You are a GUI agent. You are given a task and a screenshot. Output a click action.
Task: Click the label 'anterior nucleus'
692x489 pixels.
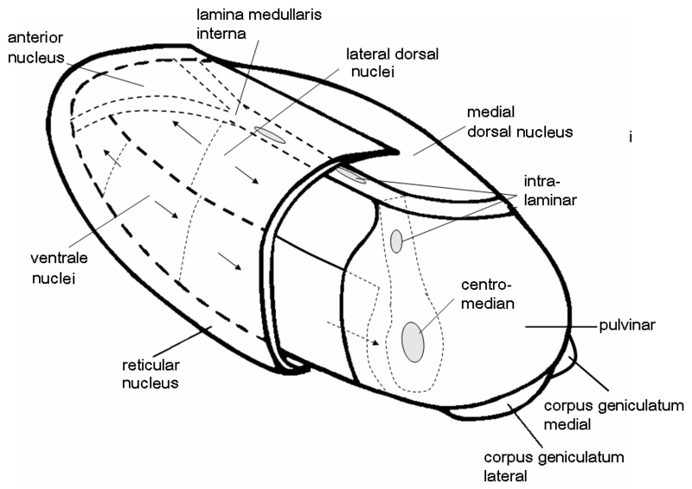(35, 48)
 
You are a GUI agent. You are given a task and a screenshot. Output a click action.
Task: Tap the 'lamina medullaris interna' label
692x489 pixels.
(259, 24)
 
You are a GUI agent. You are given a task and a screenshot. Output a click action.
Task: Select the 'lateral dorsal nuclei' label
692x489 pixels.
(393, 62)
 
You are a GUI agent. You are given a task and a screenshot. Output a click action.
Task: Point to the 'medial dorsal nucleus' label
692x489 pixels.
(520, 122)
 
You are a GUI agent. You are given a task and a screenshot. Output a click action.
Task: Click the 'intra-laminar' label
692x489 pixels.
(550, 190)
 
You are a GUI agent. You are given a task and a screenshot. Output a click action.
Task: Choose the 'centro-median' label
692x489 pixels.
(488, 293)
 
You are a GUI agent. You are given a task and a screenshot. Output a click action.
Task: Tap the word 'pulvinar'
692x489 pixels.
(627, 325)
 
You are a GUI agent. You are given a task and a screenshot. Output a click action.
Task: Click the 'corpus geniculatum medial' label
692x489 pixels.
(613, 415)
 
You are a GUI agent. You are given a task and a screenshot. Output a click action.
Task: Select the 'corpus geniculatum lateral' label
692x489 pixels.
(554, 466)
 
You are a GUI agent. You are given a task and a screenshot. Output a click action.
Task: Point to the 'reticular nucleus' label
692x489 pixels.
(151, 374)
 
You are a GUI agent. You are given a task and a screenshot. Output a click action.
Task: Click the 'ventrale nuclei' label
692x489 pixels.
(59, 268)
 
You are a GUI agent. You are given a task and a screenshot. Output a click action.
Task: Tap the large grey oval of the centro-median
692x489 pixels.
(413, 343)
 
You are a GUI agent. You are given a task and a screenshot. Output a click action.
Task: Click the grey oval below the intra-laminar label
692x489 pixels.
(396, 241)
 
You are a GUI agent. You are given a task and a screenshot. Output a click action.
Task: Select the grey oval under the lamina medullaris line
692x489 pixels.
(270, 135)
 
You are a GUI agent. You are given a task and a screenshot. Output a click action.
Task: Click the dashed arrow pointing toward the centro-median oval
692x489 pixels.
(353, 333)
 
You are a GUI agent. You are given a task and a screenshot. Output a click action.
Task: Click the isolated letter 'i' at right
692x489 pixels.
(631, 138)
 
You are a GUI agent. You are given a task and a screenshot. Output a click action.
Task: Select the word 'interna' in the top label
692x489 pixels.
(221, 34)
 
